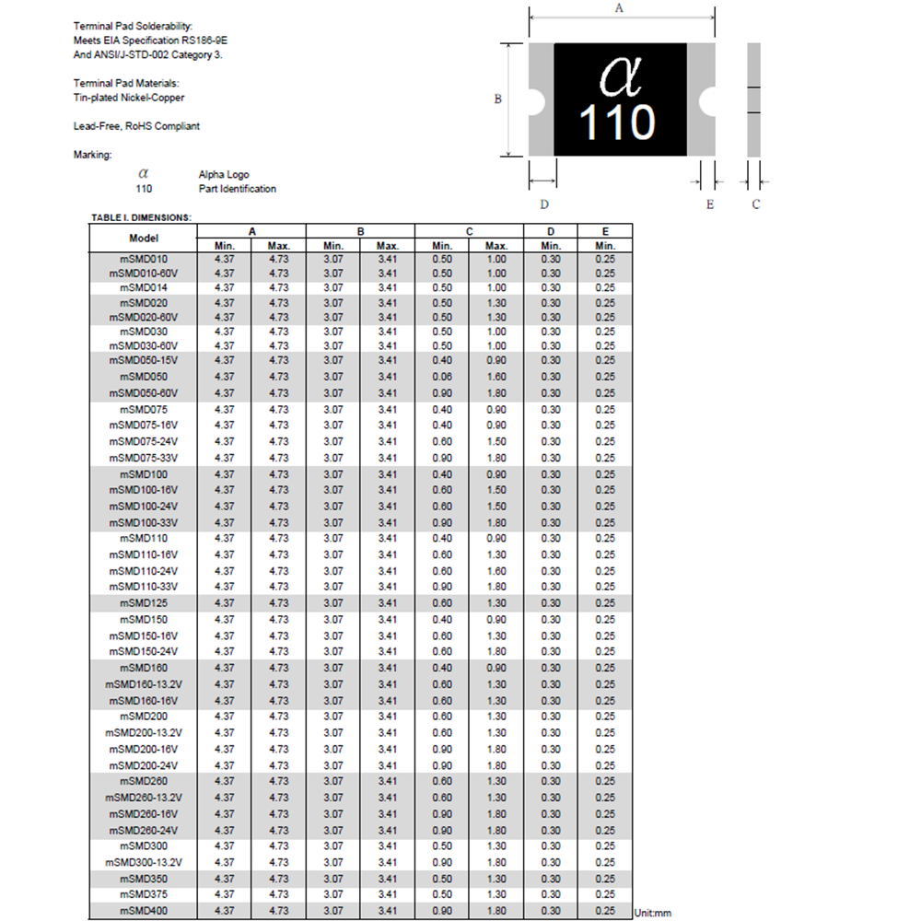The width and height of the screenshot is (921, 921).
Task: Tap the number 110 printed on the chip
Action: coord(617,122)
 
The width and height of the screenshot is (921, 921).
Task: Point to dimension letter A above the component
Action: coord(619,8)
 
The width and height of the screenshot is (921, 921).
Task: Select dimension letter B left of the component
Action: coord(497,99)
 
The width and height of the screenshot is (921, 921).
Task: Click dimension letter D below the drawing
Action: coord(544,204)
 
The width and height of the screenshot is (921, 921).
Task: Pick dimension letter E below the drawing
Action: coord(710,204)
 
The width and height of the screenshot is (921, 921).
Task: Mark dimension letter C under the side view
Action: coord(755,204)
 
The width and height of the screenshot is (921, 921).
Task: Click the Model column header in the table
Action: coord(144,238)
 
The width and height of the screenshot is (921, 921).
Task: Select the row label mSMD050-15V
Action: coord(143,360)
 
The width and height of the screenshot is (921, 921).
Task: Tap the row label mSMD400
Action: coord(144,911)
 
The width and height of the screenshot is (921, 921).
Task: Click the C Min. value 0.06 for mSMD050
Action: coord(442,377)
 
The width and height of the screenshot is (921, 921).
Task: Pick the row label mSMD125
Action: coord(144,603)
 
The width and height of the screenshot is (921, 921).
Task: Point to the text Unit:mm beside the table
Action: coord(653,912)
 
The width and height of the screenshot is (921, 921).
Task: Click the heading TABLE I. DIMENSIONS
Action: coord(141,218)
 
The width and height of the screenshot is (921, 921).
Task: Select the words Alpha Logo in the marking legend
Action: coord(224,174)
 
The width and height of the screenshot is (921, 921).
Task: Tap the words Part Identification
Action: coord(237,189)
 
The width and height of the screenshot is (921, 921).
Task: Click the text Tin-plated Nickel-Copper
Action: coord(134,98)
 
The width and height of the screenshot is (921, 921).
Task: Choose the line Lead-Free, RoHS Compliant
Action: coord(136,126)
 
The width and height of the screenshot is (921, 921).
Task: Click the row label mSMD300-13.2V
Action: coord(144,863)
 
